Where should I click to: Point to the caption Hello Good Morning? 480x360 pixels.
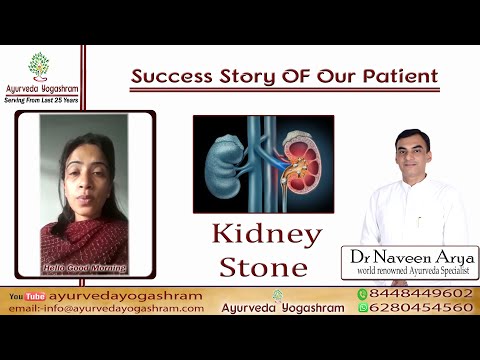coord(84,267)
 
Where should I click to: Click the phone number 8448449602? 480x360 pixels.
coord(419,294)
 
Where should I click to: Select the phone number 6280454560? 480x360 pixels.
coord(419,308)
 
